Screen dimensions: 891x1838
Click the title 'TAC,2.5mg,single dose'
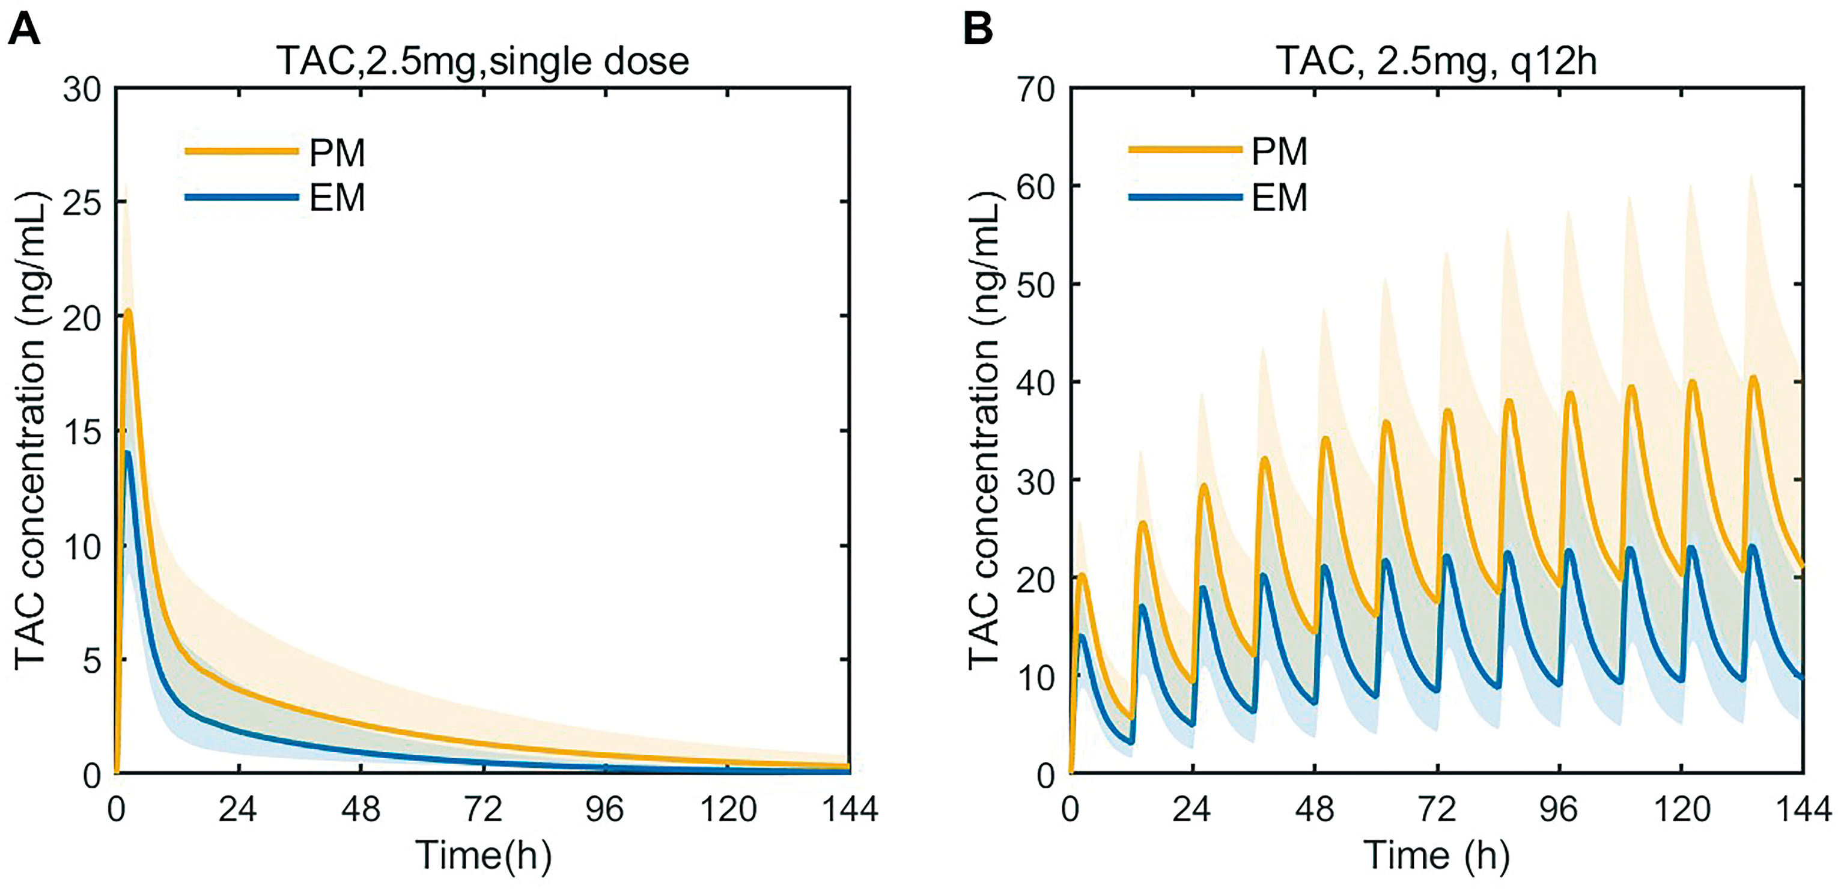pos(483,61)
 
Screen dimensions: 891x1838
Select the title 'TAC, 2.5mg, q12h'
pos(1435,61)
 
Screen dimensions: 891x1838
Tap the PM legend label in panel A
pos(336,153)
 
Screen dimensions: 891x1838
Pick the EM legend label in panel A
pos(336,198)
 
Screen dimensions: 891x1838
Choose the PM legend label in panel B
pos(1279,151)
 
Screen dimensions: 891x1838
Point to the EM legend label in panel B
pos(1279,198)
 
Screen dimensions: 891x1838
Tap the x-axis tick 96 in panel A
pos(606,810)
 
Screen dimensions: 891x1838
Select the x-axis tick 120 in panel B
pos(1681,810)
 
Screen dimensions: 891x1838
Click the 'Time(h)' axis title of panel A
pos(483,854)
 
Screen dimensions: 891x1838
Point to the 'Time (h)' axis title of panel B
pos(1435,854)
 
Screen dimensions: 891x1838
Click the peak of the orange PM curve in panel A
pos(129,311)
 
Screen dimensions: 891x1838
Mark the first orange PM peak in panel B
pos(1082,575)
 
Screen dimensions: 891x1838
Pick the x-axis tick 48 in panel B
pos(1315,810)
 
